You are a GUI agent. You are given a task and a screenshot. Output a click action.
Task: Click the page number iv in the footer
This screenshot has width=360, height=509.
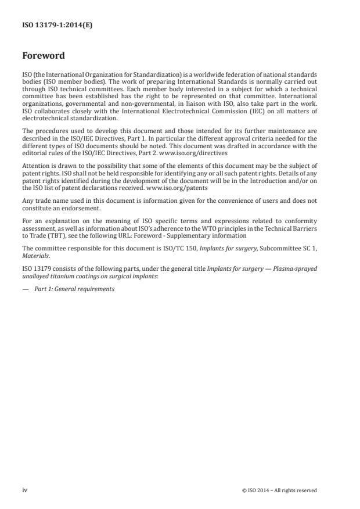[24, 490]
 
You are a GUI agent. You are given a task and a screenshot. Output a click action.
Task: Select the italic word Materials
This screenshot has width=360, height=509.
[34, 256]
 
